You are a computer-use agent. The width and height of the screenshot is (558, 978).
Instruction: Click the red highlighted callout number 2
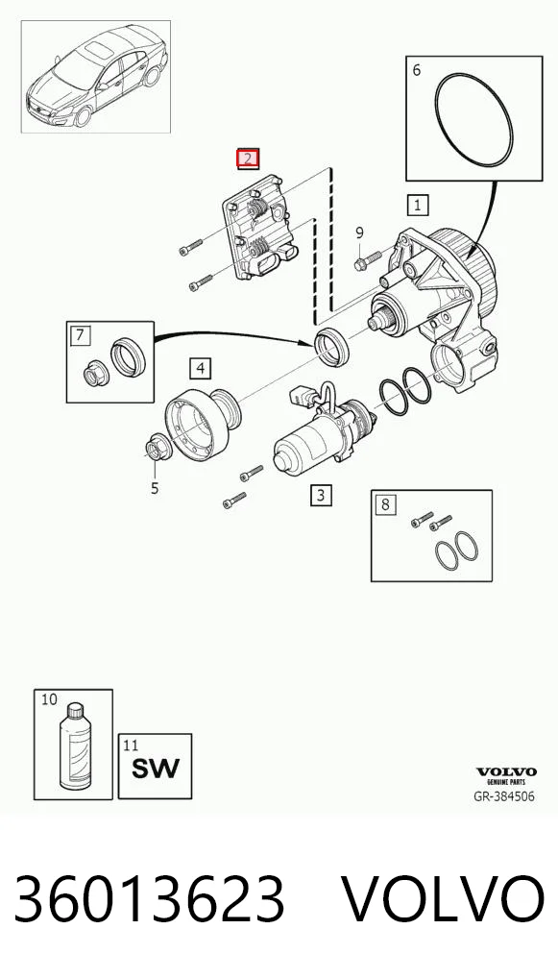point(248,159)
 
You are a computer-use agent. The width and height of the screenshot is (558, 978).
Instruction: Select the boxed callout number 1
point(418,205)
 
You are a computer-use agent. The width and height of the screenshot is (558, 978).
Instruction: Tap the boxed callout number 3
point(321,495)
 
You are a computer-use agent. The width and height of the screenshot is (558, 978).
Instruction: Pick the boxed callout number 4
point(200,369)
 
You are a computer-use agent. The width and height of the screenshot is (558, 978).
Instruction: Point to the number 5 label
point(155,488)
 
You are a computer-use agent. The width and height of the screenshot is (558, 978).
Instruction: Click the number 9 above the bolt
point(359,233)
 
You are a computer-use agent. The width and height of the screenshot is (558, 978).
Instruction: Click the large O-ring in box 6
point(473,120)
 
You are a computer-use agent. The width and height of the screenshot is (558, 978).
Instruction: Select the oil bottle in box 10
point(75,746)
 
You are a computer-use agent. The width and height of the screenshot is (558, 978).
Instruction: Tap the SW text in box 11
point(156,768)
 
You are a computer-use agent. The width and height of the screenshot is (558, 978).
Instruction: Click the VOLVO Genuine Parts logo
point(506,776)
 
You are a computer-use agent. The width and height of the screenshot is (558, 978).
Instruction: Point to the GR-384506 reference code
point(504,796)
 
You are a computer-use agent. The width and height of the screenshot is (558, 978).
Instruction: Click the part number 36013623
point(150,899)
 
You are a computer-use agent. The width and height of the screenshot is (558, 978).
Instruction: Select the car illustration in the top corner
point(97,76)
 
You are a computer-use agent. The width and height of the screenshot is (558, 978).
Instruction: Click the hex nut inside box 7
point(97,374)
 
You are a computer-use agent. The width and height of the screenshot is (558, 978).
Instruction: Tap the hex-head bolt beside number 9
point(368,260)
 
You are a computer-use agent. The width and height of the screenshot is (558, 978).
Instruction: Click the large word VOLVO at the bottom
point(443,899)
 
